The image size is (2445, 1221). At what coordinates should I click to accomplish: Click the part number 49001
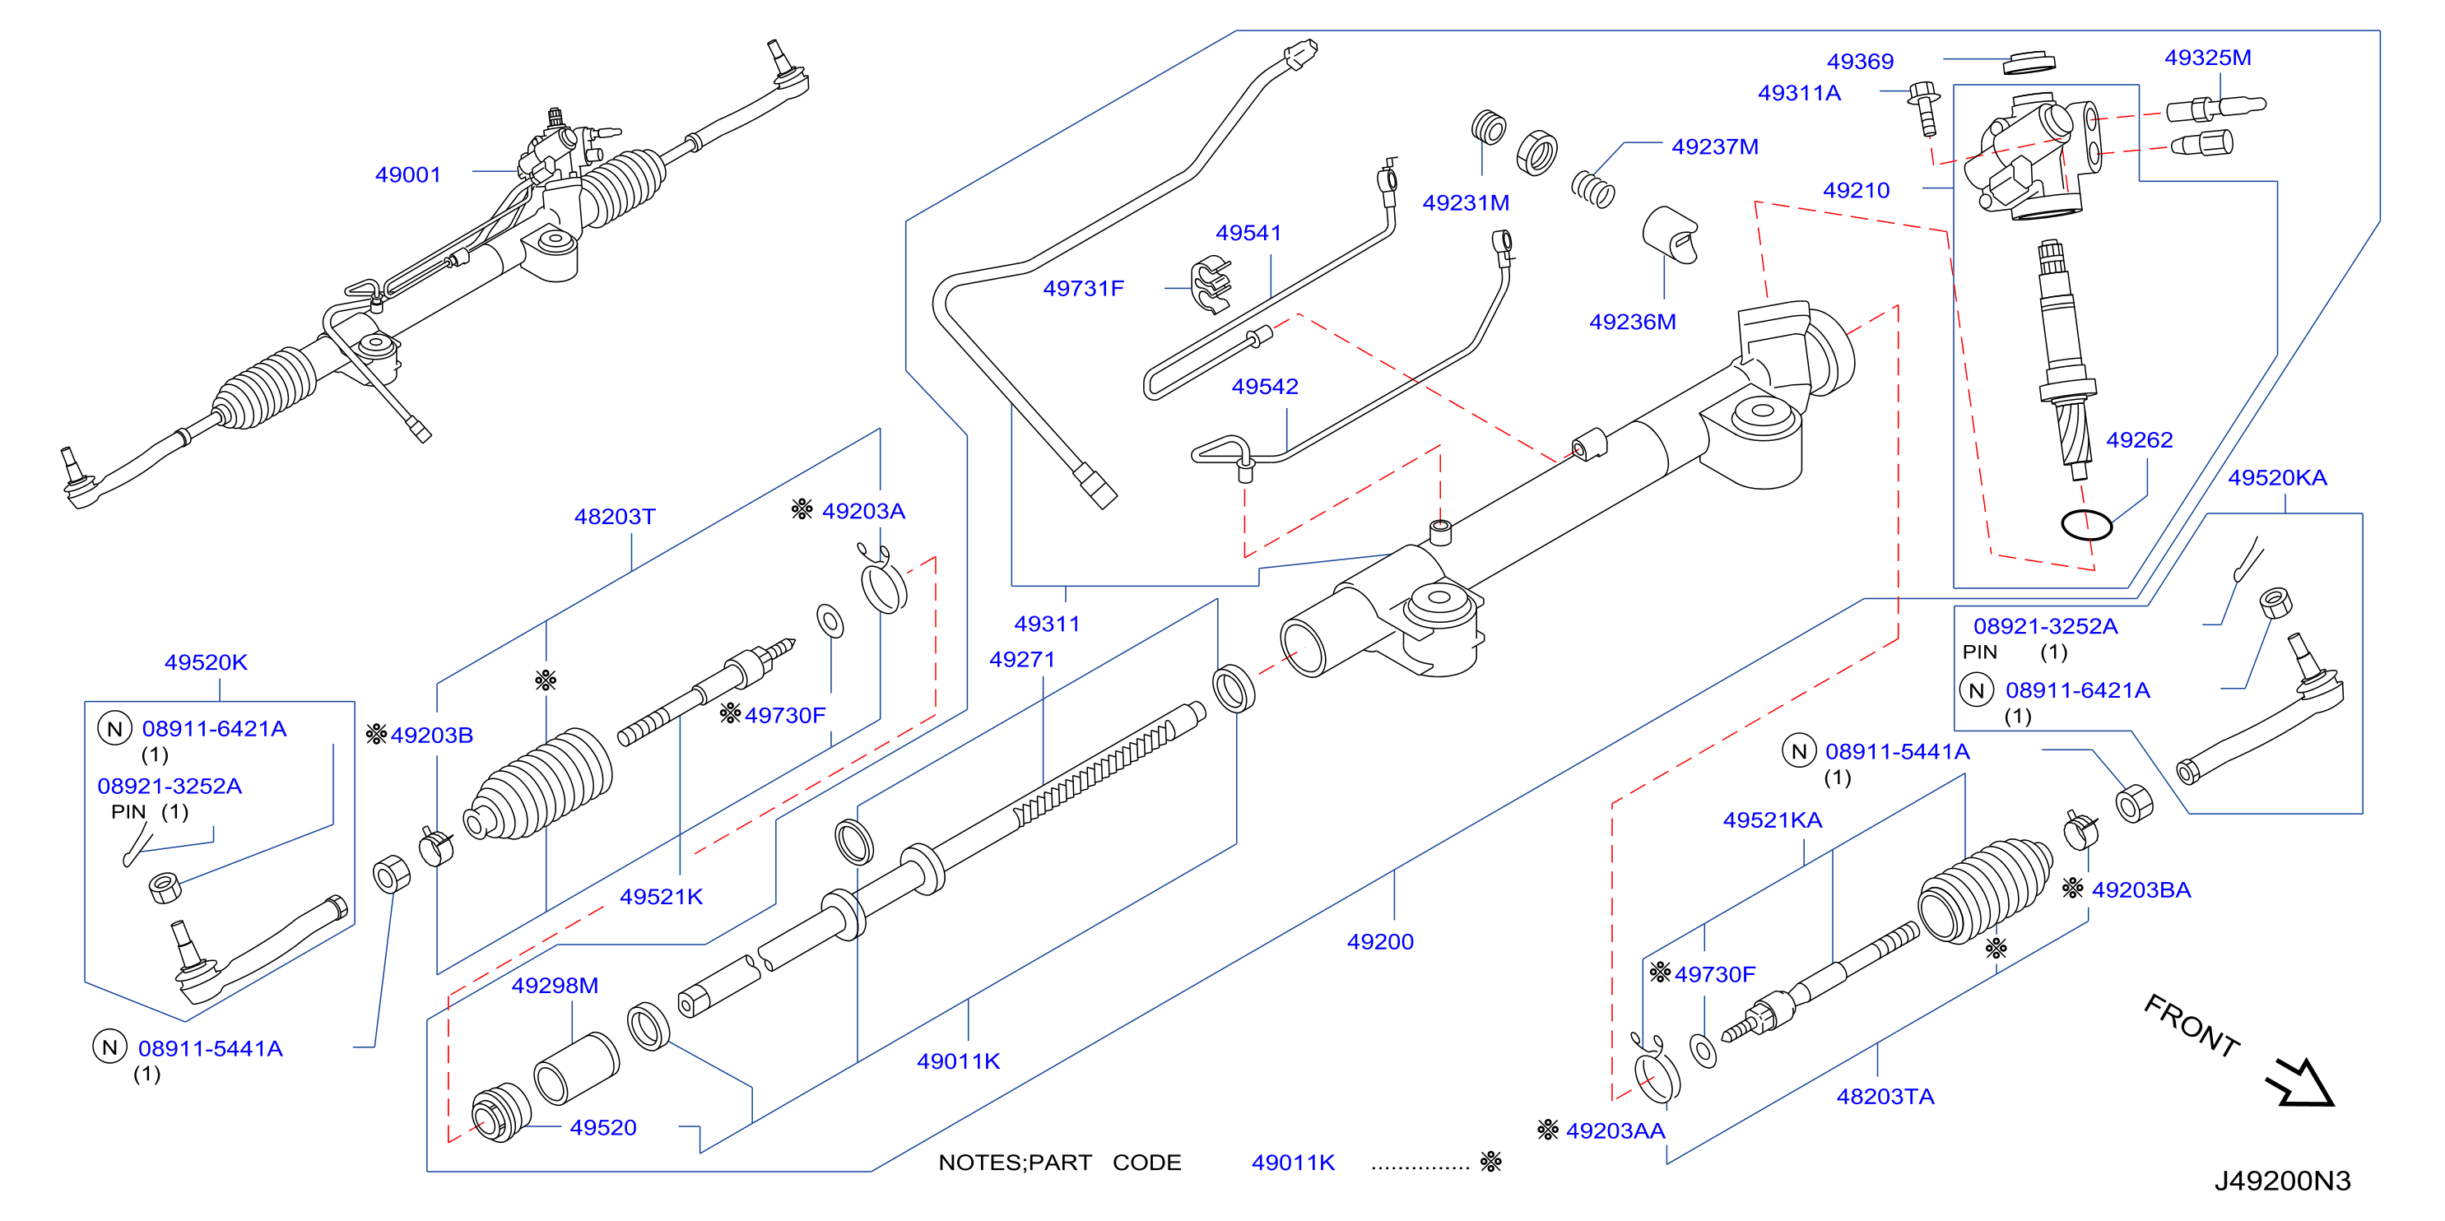[x=408, y=174]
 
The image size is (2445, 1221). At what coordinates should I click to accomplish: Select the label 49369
[x=1861, y=62]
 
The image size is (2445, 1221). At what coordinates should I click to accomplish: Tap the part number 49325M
[x=2208, y=58]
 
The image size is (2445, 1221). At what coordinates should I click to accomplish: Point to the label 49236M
[x=1633, y=323]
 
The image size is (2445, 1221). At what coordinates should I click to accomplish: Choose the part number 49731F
[x=1083, y=289]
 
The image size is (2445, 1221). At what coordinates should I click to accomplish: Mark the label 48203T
[x=614, y=517]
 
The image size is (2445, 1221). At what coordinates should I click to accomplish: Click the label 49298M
[x=555, y=986]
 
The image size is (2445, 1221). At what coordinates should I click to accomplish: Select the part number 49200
[x=1380, y=942]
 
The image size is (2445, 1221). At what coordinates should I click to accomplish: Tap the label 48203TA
[x=1885, y=1097]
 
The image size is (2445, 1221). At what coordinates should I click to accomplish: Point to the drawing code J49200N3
[x=2283, y=1182]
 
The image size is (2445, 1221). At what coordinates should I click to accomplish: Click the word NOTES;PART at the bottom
[x=1015, y=1163]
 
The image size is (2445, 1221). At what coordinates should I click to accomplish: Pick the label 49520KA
[x=2277, y=478]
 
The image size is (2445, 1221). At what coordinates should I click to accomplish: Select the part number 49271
[x=1022, y=659]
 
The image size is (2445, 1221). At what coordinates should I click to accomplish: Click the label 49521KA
[x=1772, y=820]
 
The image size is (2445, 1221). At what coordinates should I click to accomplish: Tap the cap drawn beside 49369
[x=2029, y=63]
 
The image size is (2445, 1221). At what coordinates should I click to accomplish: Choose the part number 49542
[x=1264, y=387]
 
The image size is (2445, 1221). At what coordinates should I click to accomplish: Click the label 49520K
[x=206, y=662]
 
